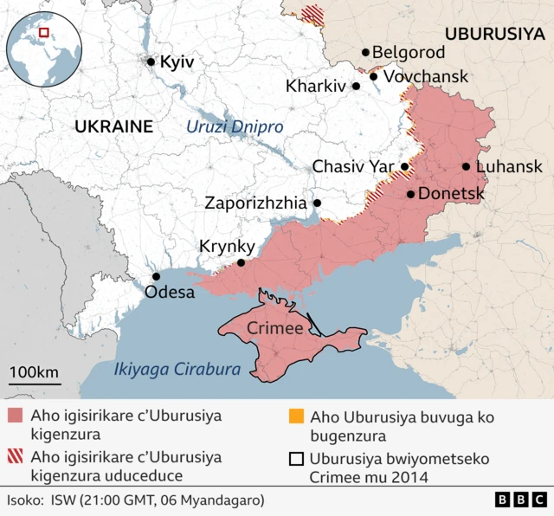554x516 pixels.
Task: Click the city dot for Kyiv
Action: (x=151, y=61)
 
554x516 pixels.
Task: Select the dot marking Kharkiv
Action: (x=356, y=87)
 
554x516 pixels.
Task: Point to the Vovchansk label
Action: (x=425, y=76)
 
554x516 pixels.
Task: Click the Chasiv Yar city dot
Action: (x=404, y=166)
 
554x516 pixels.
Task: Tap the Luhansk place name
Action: (x=509, y=166)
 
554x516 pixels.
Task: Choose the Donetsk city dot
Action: (x=410, y=194)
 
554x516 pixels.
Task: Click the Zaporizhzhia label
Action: (x=255, y=203)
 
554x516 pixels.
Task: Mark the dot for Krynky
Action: (x=242, y=263)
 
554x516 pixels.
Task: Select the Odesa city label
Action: (x=170, y=292)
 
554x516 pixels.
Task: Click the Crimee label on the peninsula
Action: (x=274, y=328)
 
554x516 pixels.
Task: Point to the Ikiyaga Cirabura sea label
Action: (x=177, y=369)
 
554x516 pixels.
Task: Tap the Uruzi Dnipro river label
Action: (x=235, y=126)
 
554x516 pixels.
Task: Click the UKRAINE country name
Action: (x=113, y=126)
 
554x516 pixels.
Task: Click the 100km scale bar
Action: (x=35, y=382)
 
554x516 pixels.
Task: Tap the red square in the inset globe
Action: (x=44, y=33)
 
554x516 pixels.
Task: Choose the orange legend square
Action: (x=296, y=416)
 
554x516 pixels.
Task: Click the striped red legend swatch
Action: (x=15, y=457)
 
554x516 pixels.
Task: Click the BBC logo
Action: (x=519, y=500)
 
